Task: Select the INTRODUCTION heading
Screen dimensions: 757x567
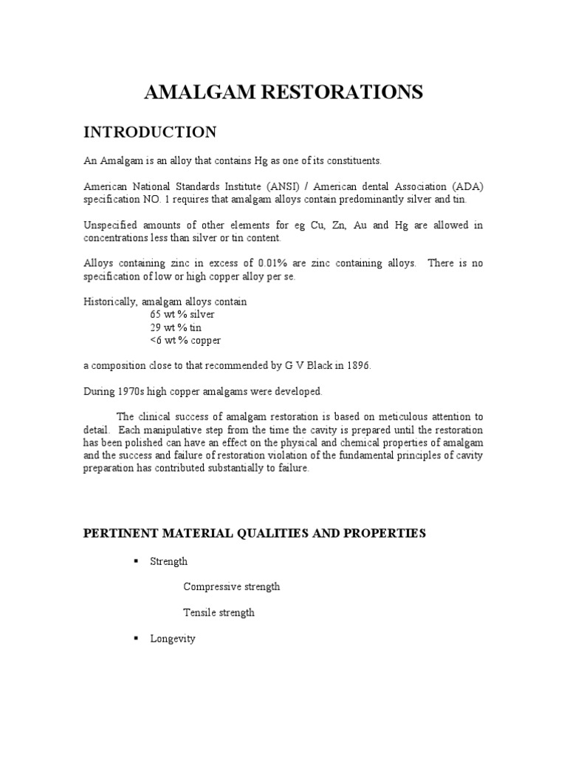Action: click(149, 132)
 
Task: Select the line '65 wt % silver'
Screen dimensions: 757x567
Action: click(182, 314)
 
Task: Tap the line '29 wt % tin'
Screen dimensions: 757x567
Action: click(175, 327)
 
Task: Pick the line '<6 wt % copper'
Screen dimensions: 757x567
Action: click(185, 341)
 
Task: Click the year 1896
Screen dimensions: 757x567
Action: click(356, 366)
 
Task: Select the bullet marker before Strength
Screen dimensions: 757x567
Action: click(136, 561)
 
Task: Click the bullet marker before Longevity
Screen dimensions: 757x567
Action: click(136, 638)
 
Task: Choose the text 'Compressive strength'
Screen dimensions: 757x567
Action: click(231, 587)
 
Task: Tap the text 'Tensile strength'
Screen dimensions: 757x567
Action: click(219, 613)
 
